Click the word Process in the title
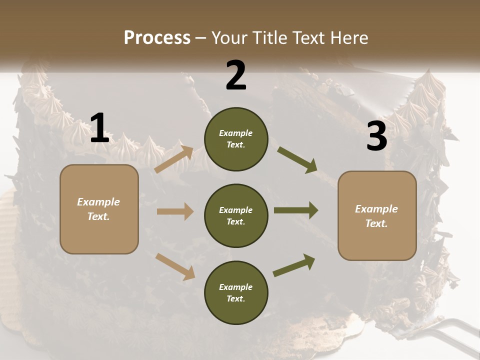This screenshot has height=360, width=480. coord(157,37)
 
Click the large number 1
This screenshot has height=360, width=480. coord(99,128)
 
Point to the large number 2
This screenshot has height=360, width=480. coord(236,75)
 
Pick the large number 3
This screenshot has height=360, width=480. coord(377,136)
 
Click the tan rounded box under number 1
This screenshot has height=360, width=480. coord(99,209)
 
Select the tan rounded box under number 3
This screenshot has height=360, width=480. coord(377,216)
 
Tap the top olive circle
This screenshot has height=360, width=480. coord(236,139)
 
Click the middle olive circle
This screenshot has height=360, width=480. coord(236,216)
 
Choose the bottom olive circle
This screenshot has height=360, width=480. coord(236,293)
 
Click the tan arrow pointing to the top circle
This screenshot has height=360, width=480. coord(174,159)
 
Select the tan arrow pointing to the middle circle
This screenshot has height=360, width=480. coord(175,211)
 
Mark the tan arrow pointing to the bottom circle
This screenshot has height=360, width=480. coord(175,266)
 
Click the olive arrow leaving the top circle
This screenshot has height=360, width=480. coord(297,159)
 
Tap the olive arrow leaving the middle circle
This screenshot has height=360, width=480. coord(296,210)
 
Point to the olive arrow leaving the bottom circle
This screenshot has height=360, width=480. coord(294,265)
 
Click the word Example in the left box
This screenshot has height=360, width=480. coord(98,202)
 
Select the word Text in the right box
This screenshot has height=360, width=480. coord(375,223)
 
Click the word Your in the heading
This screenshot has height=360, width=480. coord(230,38)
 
